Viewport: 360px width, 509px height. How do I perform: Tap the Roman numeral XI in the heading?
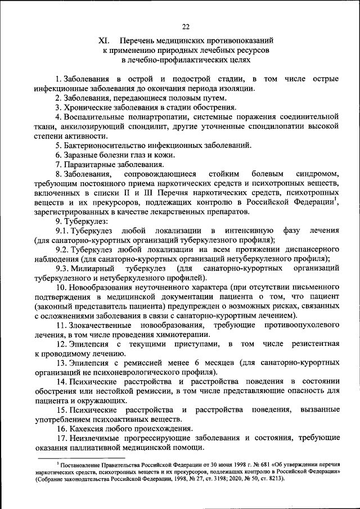point(103,41)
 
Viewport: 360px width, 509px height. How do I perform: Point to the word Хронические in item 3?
point(91,107)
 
